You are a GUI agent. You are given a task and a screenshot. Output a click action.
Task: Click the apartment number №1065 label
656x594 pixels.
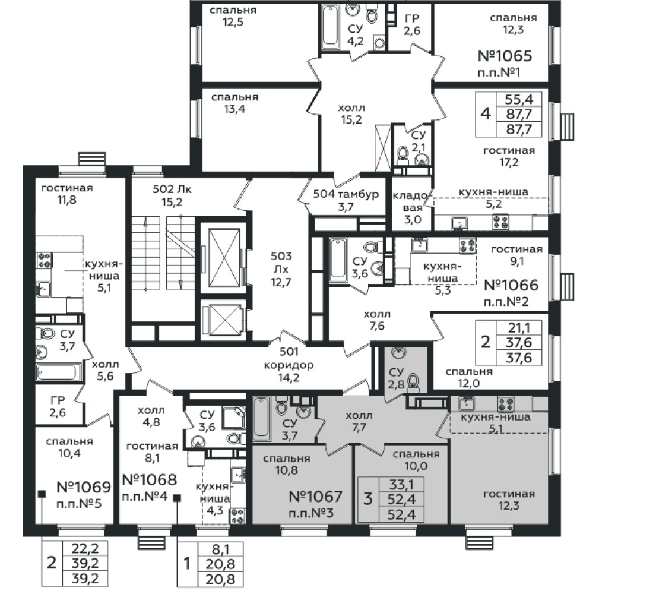pos(505,56)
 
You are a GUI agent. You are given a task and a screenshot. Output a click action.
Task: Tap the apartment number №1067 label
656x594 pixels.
pos(315,497)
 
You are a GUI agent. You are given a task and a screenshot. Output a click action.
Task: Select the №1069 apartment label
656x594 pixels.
pos(84,487)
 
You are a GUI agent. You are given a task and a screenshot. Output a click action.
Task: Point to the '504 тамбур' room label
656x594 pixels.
pos(346,194)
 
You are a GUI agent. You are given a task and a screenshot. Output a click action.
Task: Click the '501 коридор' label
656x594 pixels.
pos(289,359)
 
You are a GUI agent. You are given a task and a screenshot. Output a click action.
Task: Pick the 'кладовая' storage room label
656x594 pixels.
pos(412,201)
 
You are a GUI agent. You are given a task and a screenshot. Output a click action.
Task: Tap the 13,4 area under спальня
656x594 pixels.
pos(234,109)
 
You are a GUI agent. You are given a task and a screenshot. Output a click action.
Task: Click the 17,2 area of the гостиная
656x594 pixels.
pos(509,162)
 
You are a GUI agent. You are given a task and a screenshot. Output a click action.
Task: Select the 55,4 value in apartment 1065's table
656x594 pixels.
pos(519,99)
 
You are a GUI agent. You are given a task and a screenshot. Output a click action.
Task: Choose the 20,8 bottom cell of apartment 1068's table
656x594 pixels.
pos(220,579)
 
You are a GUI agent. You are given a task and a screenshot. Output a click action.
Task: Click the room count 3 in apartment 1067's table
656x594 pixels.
pos(367,499)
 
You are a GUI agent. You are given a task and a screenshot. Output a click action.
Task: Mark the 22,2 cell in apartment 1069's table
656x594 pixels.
pos(85,548)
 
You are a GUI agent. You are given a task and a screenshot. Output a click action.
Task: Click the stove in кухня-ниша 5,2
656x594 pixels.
pos(500,222)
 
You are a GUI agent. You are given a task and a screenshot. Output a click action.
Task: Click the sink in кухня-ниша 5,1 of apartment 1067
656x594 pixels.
pos(467,403)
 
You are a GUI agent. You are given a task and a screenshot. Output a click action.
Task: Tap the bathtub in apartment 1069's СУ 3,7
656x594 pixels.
pos(58,372)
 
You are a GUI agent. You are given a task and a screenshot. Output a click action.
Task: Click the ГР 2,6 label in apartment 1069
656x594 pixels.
pos(58,407)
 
